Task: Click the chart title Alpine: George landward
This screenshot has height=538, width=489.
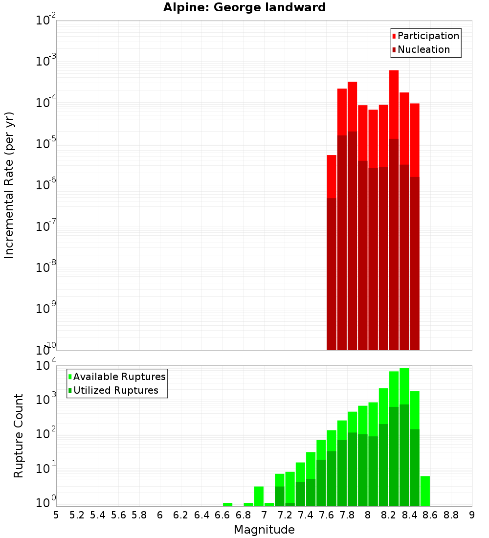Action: click(x=244, y=7)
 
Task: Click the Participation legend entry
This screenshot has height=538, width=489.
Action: click(x=428, y=36)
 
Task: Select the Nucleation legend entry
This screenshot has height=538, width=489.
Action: click(x=423, y=49)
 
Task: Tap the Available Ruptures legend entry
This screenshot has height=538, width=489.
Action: click(x=119, y=377)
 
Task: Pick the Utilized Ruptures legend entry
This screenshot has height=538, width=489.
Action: click(x=115, y=390)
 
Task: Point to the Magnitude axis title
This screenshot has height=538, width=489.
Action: click(x=264, y=530)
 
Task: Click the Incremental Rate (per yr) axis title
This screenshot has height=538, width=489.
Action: click(x=9, y=185)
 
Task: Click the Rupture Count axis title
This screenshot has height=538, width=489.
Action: click(x=19, y=435)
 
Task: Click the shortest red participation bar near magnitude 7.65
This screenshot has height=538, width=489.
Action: click(x=332, y=176)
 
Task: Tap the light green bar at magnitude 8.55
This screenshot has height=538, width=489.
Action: click(x=425, y=491)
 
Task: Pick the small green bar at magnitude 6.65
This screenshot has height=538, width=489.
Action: click(x=227, y=504)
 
